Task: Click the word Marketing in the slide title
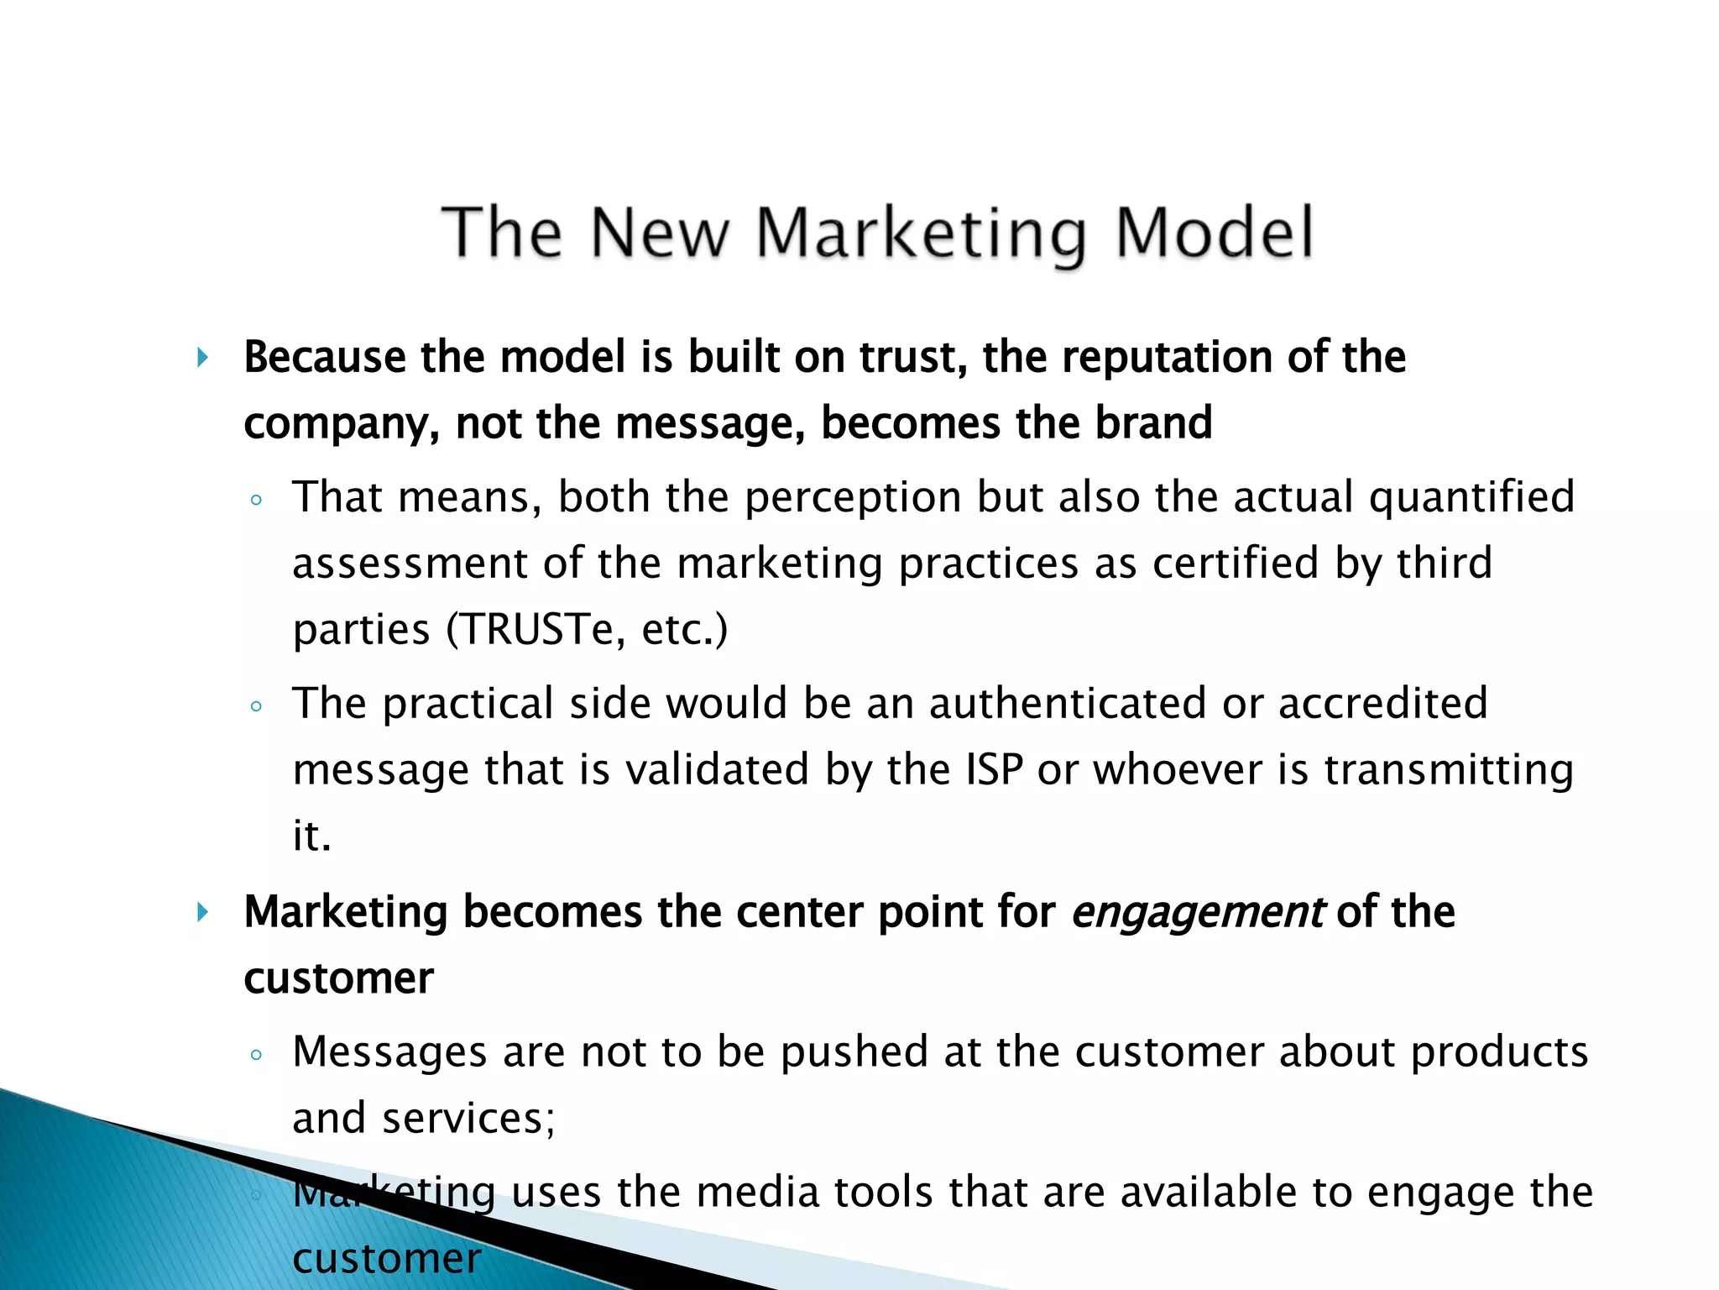click(922, 233)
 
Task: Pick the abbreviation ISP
click(995, 769)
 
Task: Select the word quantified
click(1471, 498)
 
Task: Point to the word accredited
click(1382, 704)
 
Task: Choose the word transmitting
click(1449, 771)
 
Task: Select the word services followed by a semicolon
click(468, 1119)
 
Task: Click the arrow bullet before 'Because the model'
click(202, 359)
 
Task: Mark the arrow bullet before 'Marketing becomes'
click(202, 912)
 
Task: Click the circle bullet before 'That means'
click(257, 501)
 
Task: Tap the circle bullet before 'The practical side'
click(257, 707)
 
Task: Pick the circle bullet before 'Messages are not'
click(257, 1056)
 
